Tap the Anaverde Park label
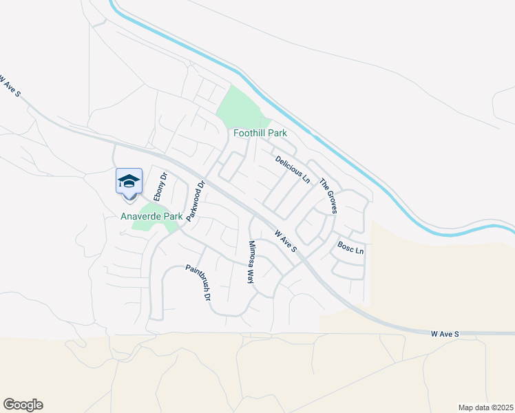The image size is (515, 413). point(151,216)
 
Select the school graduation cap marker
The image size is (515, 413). point(129,181)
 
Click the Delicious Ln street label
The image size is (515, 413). point(293,169)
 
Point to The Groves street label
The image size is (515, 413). point(327,196)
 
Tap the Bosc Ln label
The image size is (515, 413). point(350,248)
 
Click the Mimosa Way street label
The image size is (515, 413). point(251,262)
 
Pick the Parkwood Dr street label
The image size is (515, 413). point(196,200)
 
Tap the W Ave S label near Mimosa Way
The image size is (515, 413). point(285,241)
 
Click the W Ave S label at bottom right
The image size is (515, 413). point(444,334)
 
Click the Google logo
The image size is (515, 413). point(23,405)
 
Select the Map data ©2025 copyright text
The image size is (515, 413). point(484,407)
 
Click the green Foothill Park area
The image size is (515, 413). point(238,107)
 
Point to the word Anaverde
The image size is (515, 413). point(140,216)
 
